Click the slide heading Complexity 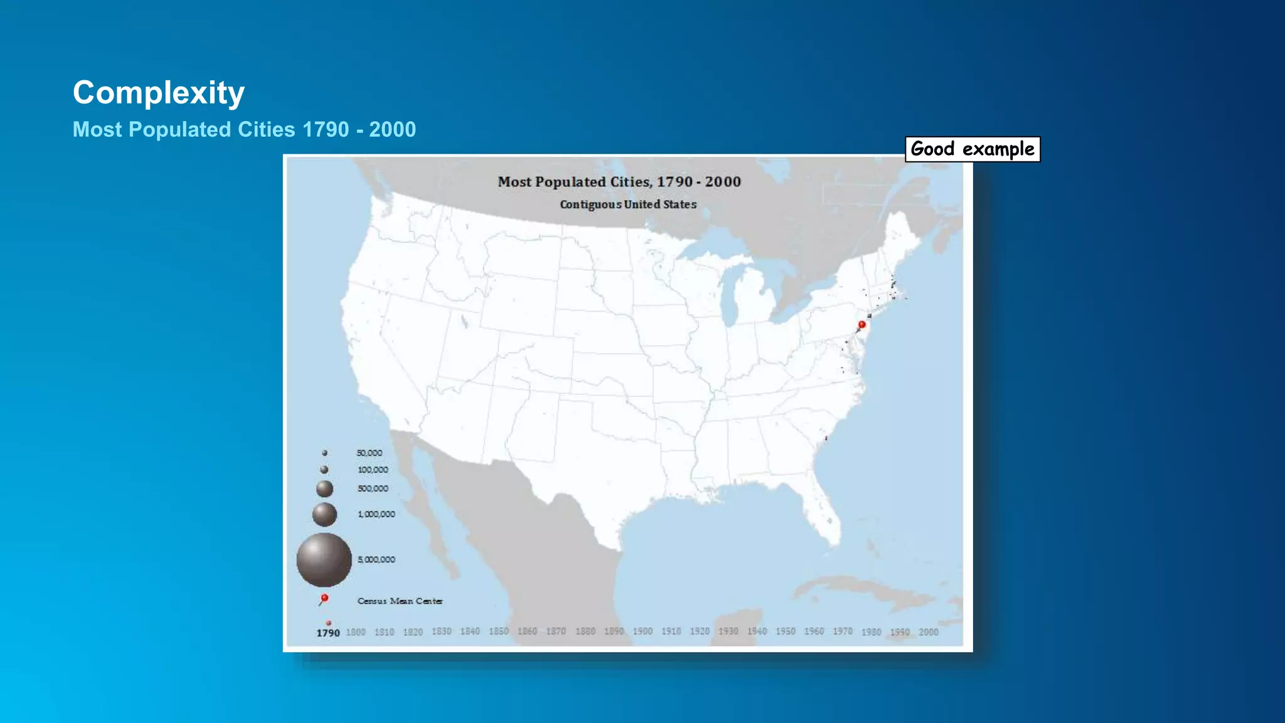(x=158, y=93)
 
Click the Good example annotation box (x=972, y=149)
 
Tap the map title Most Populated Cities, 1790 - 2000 (x=619, y=182)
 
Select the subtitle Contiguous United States (x=628, y=205)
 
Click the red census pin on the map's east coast (x=861, y=324)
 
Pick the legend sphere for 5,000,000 (x=324, y=560)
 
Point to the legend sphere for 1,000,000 (x=324, y=515)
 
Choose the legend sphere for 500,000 (x=324, y=488)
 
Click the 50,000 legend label (x=369, y=453)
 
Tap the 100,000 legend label (x=373, y=470)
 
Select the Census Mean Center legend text (x=400, y=601)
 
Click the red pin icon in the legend (x=324, y=599)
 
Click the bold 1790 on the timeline (x=328, y=633)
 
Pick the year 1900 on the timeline (x=642, y=631)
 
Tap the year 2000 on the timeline (x=929, y=632)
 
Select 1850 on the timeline (x=499, y=631)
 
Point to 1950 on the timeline (x=785, y=631)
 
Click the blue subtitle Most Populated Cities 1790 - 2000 (x=244, y=129)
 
